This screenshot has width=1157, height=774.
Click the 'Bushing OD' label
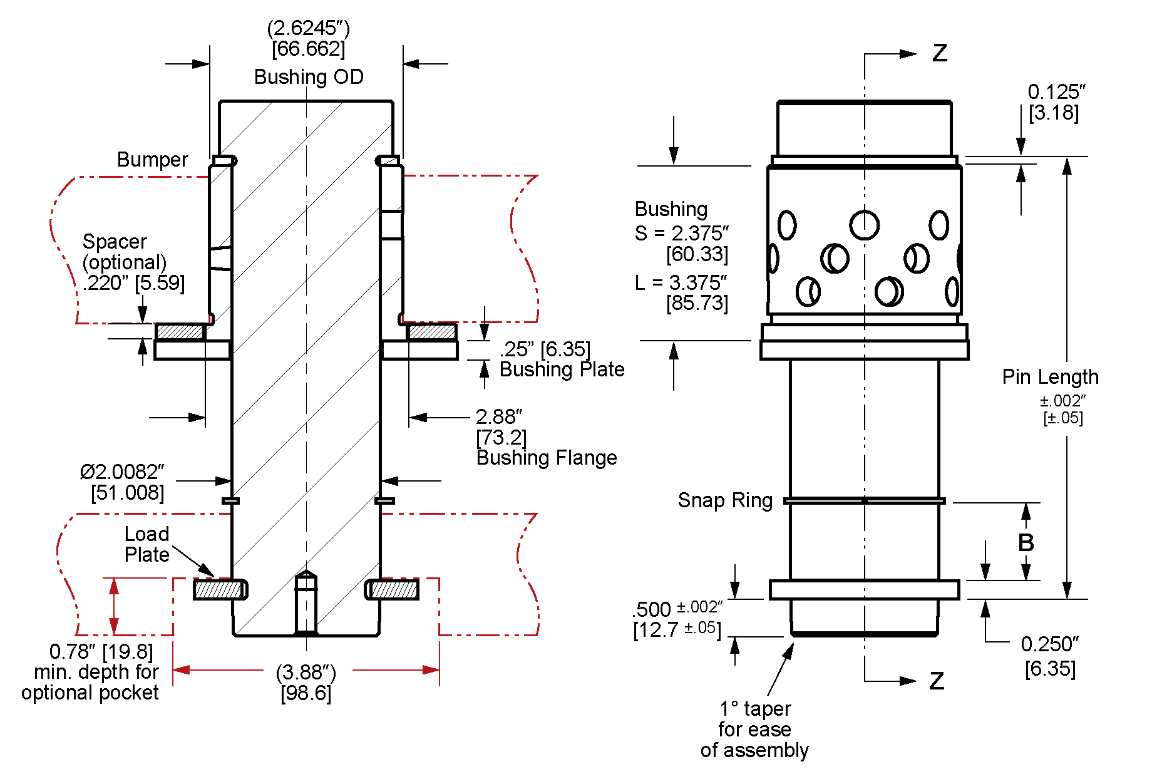[309, 77]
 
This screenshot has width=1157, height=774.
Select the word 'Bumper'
[152, 160]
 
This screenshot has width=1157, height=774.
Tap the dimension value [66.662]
[308, 49]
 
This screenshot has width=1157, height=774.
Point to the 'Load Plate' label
[147, 544]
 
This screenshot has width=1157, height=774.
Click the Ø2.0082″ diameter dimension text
[122, 472]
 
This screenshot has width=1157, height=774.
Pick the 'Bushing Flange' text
[547, 458]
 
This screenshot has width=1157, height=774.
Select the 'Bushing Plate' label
[562, 369]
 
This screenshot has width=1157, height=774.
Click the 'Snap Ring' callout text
[725, 500]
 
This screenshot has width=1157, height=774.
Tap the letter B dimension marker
[1026, 542]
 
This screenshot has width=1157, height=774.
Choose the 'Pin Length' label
[1050, 377]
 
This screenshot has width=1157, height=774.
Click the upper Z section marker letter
[939, 53]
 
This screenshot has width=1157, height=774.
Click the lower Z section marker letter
[936, 681]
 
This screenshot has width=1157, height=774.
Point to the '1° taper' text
[755, 709]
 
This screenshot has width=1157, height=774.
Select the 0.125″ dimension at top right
[1056, 92]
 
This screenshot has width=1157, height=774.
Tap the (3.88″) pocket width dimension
[306, 673]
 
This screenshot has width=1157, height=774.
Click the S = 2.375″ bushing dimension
[682, 234]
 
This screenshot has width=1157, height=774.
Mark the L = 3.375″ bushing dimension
[681, 283]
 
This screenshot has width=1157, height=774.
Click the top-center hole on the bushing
[864, 225]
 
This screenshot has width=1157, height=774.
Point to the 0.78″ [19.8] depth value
[101, 652]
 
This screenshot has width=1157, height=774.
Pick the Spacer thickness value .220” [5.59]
[134, 283]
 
